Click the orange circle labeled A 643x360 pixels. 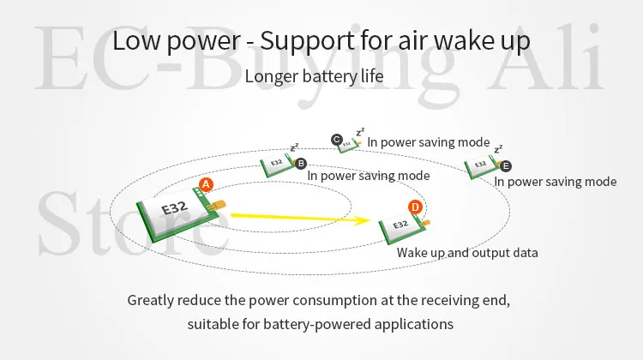coord(205,184)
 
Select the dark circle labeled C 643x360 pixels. coord(337,139)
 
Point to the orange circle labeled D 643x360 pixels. coord(415,207)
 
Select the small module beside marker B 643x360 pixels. coord(278,162)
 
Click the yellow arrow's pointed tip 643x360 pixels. coord(390,223)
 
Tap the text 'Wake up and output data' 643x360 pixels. coord(467,253)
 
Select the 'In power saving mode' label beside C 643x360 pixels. coord(428,142)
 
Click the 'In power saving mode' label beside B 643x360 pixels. coord(369,176)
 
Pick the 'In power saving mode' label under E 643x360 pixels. coord(555,182)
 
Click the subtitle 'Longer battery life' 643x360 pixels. coord(313,76)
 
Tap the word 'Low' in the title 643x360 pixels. coord(138,40)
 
